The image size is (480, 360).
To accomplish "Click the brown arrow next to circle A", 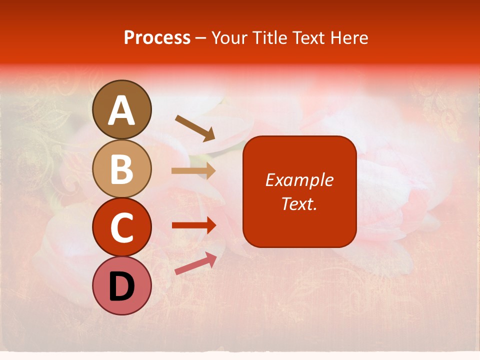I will (x=195, y=127).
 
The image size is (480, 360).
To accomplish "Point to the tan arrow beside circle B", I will (x=193, y=171).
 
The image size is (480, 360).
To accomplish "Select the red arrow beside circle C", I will (x=194, y=225).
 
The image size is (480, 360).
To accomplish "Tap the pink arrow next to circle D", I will (x=195, y=263).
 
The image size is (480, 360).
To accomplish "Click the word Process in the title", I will (x=157, y=37).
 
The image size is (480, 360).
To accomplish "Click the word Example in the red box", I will (x=299, y=180).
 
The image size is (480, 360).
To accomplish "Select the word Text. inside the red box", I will (x=299, y=203).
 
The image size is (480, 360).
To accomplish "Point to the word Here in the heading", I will (x=349, y=37).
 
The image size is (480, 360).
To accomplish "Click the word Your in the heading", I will (x=228, y=37).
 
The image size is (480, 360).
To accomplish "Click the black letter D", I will (x=122, y=287).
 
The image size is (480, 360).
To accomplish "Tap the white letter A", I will (x=122, y=111).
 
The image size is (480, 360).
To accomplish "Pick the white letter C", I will (x=122, y=228).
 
